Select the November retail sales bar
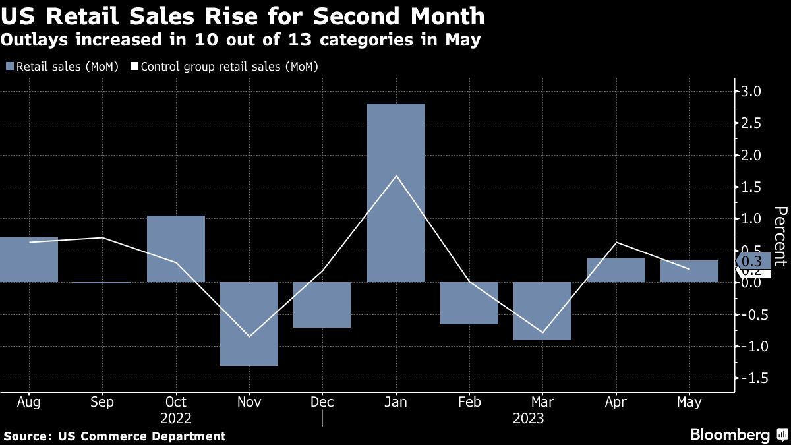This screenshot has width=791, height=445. [x=249, y=324]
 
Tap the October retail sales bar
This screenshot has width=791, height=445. [x=175, y=249]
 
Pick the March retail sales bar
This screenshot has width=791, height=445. [x=542, y=311]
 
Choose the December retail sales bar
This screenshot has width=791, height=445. [x=322, y=305]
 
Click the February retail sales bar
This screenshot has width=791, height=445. [x=469, y=303]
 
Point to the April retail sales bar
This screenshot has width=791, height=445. [x=616, y=270]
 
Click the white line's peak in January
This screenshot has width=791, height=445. [x=395, y=175]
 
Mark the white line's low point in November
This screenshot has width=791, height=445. [x=249, y=336]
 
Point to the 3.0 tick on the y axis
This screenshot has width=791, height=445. [x=752, y=92]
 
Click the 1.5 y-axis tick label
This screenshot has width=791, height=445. [x=752, y=187]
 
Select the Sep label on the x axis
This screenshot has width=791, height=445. [x=102, y=401]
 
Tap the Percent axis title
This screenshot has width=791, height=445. [x=780, y=235]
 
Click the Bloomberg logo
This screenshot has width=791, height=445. [x=730, y=434]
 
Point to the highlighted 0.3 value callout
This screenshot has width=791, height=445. [x=752, y=260]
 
